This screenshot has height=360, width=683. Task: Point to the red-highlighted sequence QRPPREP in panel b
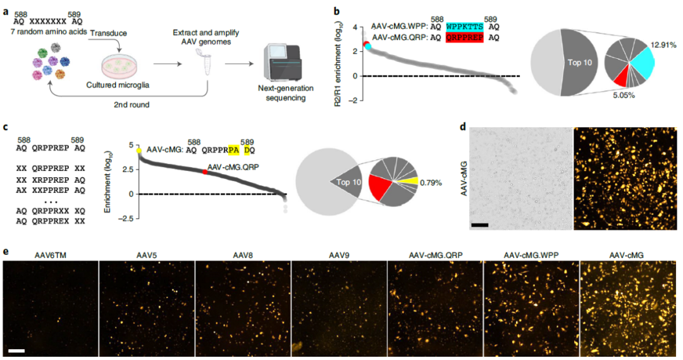(x=466, y=38)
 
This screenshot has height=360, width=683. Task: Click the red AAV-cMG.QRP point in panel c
(x=204, y=172)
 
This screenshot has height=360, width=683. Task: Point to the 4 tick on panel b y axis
(x=355, y=28)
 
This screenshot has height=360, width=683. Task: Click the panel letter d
(x=464, y=127)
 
